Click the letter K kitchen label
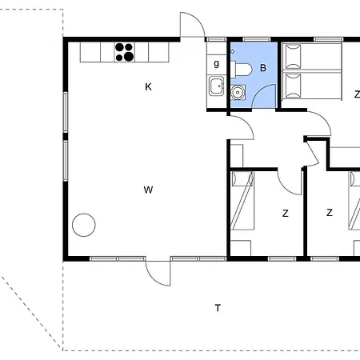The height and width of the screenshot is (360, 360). pyautogui.click(x=148, y=86)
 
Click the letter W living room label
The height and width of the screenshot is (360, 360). pyautogui.click(x=148, y=190)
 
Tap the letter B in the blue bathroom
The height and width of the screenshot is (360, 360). pyautogui.click(x=263, y=68)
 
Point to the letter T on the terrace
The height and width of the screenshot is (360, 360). pyautogui.click(x=218, y=308)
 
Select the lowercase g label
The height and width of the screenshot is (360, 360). pyautogui.click(x=216, y=63)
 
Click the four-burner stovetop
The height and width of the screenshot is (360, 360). pyautogui.click(x=125, y=52)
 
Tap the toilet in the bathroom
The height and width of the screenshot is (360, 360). pyautogui.click(x=241, y=69)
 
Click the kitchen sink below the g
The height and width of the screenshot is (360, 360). pyautogui.click(x=216, y=86)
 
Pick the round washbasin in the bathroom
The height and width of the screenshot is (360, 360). pyautogui.click(x=237, y=92)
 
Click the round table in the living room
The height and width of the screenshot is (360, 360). pyautogui.click(x=84, y=225)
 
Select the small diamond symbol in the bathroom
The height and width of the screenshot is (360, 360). pyautogui.click(x=232, y=51)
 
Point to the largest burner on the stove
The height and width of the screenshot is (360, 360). pyautogui.click(x=129, y=56)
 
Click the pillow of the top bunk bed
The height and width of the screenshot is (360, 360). pyautogui.click(x=293, y=57)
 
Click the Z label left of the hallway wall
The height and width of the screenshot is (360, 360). pyautogui.click(x=286, y=214)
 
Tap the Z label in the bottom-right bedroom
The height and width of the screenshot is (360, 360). pyautogui.click(x=330, y=213)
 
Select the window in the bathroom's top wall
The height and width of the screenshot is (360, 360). pyautogui.click(x=257, y=39)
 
